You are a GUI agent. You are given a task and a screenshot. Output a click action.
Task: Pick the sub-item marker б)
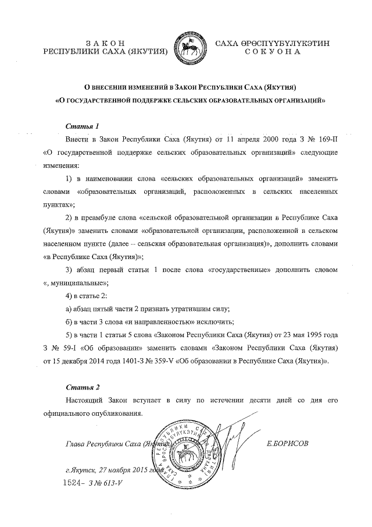coord(69,322)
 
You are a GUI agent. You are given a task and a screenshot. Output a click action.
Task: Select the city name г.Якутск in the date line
coord(80,471)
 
